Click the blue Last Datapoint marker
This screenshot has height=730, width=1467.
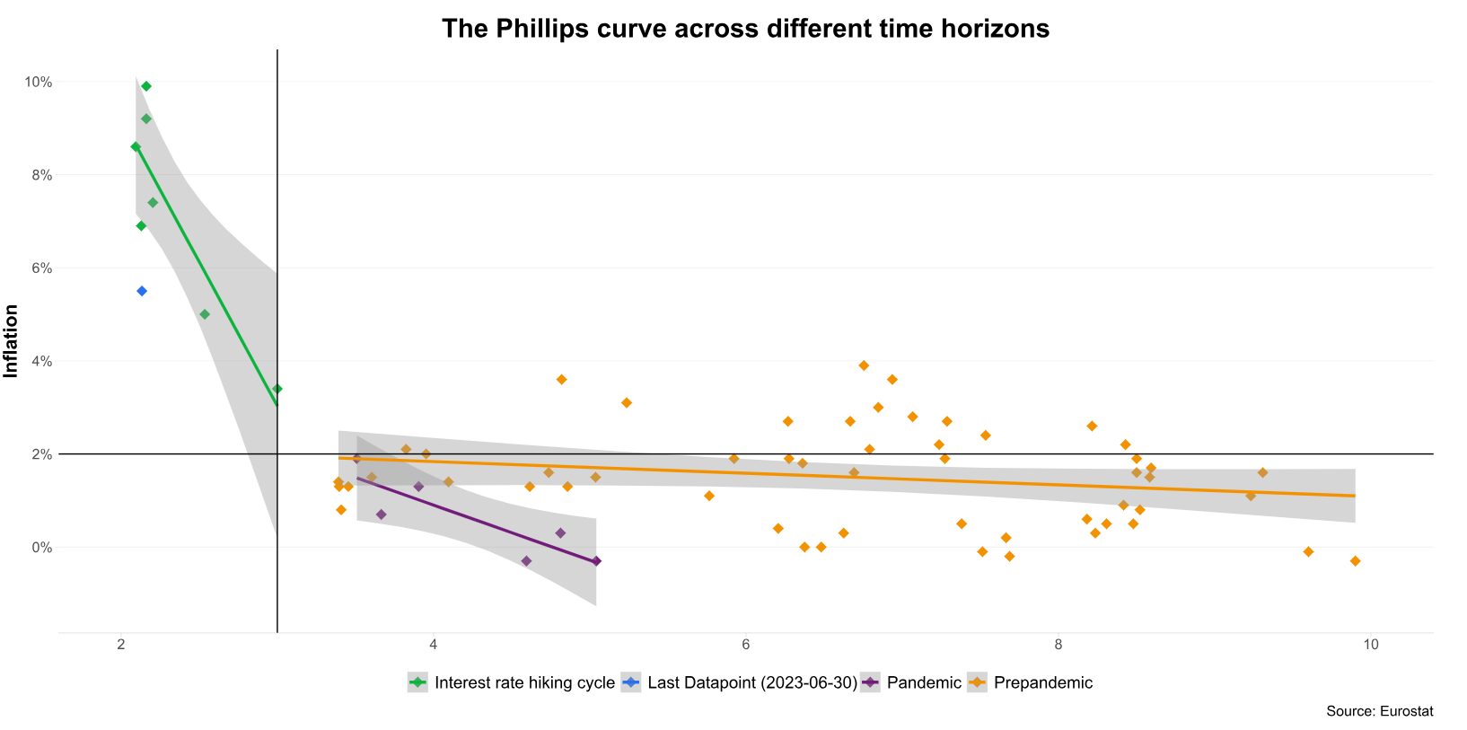pos(142,291)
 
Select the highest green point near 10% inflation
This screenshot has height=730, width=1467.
pos(146,86)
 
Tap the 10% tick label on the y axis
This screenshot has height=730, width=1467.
pos(38,82)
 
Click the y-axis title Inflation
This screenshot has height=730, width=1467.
pos(12,341)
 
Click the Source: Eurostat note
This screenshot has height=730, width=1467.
pos(1379,711)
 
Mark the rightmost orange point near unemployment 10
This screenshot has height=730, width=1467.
pos(1355,561)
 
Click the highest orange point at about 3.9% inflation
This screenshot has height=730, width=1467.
pos(864,365)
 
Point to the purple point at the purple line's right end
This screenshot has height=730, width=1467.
pos(596,561)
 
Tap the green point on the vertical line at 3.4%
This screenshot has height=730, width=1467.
pos(277,389)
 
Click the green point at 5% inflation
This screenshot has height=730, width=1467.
pos(205,314)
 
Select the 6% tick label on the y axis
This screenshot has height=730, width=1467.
pos(40,268)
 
